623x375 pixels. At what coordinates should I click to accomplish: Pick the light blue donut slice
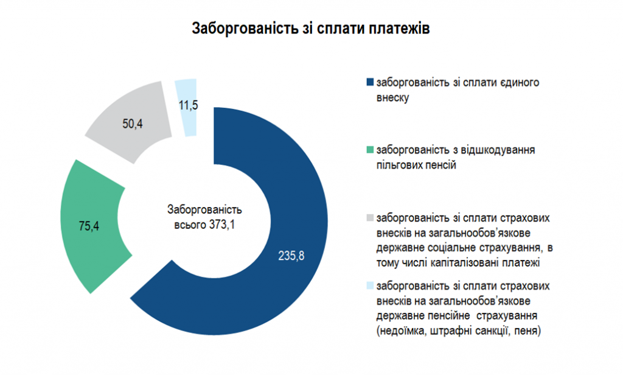[x=187, y=107]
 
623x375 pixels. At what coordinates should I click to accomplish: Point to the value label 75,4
[x=89, y=226]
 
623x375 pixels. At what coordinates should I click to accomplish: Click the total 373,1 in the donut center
[x=221, y=225]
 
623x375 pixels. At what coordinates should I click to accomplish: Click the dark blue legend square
[x=371, y=82]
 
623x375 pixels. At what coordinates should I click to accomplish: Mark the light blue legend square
[x=371, y=286]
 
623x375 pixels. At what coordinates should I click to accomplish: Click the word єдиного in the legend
[x=516, y=82]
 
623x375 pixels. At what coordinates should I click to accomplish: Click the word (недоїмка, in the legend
[x=402, y=331]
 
